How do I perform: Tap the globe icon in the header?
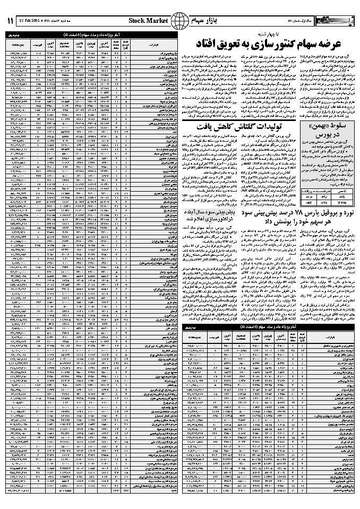tap(182, 21)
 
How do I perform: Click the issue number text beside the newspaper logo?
tap(305, 21)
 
